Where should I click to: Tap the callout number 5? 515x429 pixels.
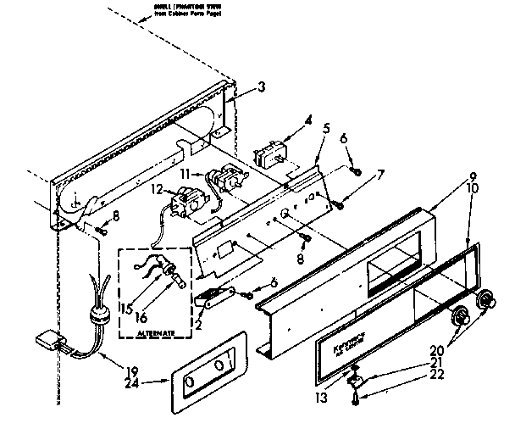click(326, 129)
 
